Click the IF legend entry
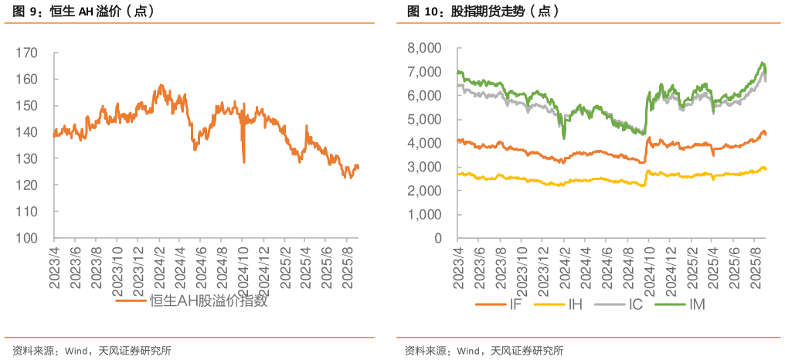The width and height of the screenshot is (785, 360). (514, 304)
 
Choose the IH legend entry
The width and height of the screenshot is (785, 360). (575, 304)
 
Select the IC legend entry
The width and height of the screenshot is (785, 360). (635, 304)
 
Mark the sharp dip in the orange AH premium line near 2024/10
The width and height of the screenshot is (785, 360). (244, 160)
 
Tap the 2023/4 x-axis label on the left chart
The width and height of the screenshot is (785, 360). (55, 267)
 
